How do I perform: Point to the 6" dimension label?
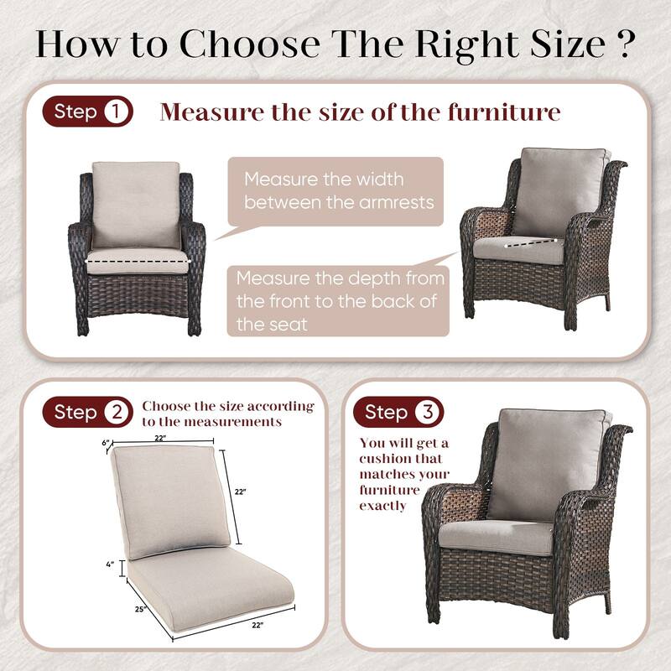[106, 443]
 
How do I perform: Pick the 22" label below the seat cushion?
[257, 625]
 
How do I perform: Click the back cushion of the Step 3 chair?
[547, 461]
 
